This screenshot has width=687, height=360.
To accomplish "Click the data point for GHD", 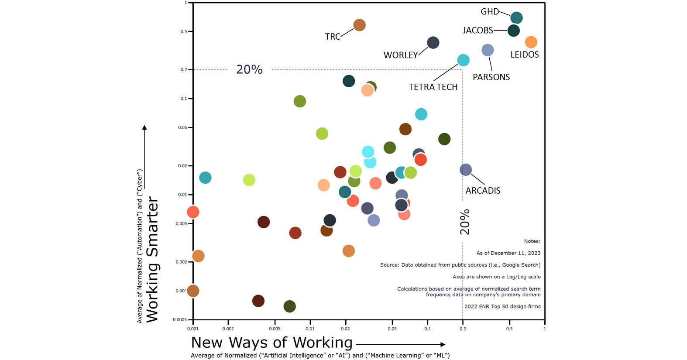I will click(516, 18).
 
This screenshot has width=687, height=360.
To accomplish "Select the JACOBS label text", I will click(477, 31).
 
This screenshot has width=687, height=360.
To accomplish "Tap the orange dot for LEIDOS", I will click(531, 42).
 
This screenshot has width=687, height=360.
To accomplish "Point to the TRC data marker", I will click(359, 25).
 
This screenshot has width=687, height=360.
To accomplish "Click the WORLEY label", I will click(400, 55).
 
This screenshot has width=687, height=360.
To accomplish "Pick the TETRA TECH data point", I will click(463, 60).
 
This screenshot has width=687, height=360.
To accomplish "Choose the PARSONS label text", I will click(491, 77).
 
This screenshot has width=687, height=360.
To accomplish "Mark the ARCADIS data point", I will click(466, 170).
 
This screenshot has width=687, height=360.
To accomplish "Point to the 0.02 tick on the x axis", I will click(345, 329).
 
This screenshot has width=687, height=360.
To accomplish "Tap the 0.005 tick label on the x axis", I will click(275, 329).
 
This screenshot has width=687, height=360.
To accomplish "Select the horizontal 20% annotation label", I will click(249, 70).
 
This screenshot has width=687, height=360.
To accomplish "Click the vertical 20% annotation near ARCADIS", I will click(465, 222).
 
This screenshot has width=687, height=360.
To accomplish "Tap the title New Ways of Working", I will click(271, 343).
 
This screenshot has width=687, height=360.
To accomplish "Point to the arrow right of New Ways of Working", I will click(400, 345).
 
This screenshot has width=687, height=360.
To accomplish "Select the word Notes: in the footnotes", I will click(532, 241).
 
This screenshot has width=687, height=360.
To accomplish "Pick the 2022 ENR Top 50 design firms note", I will click(502, 307).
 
